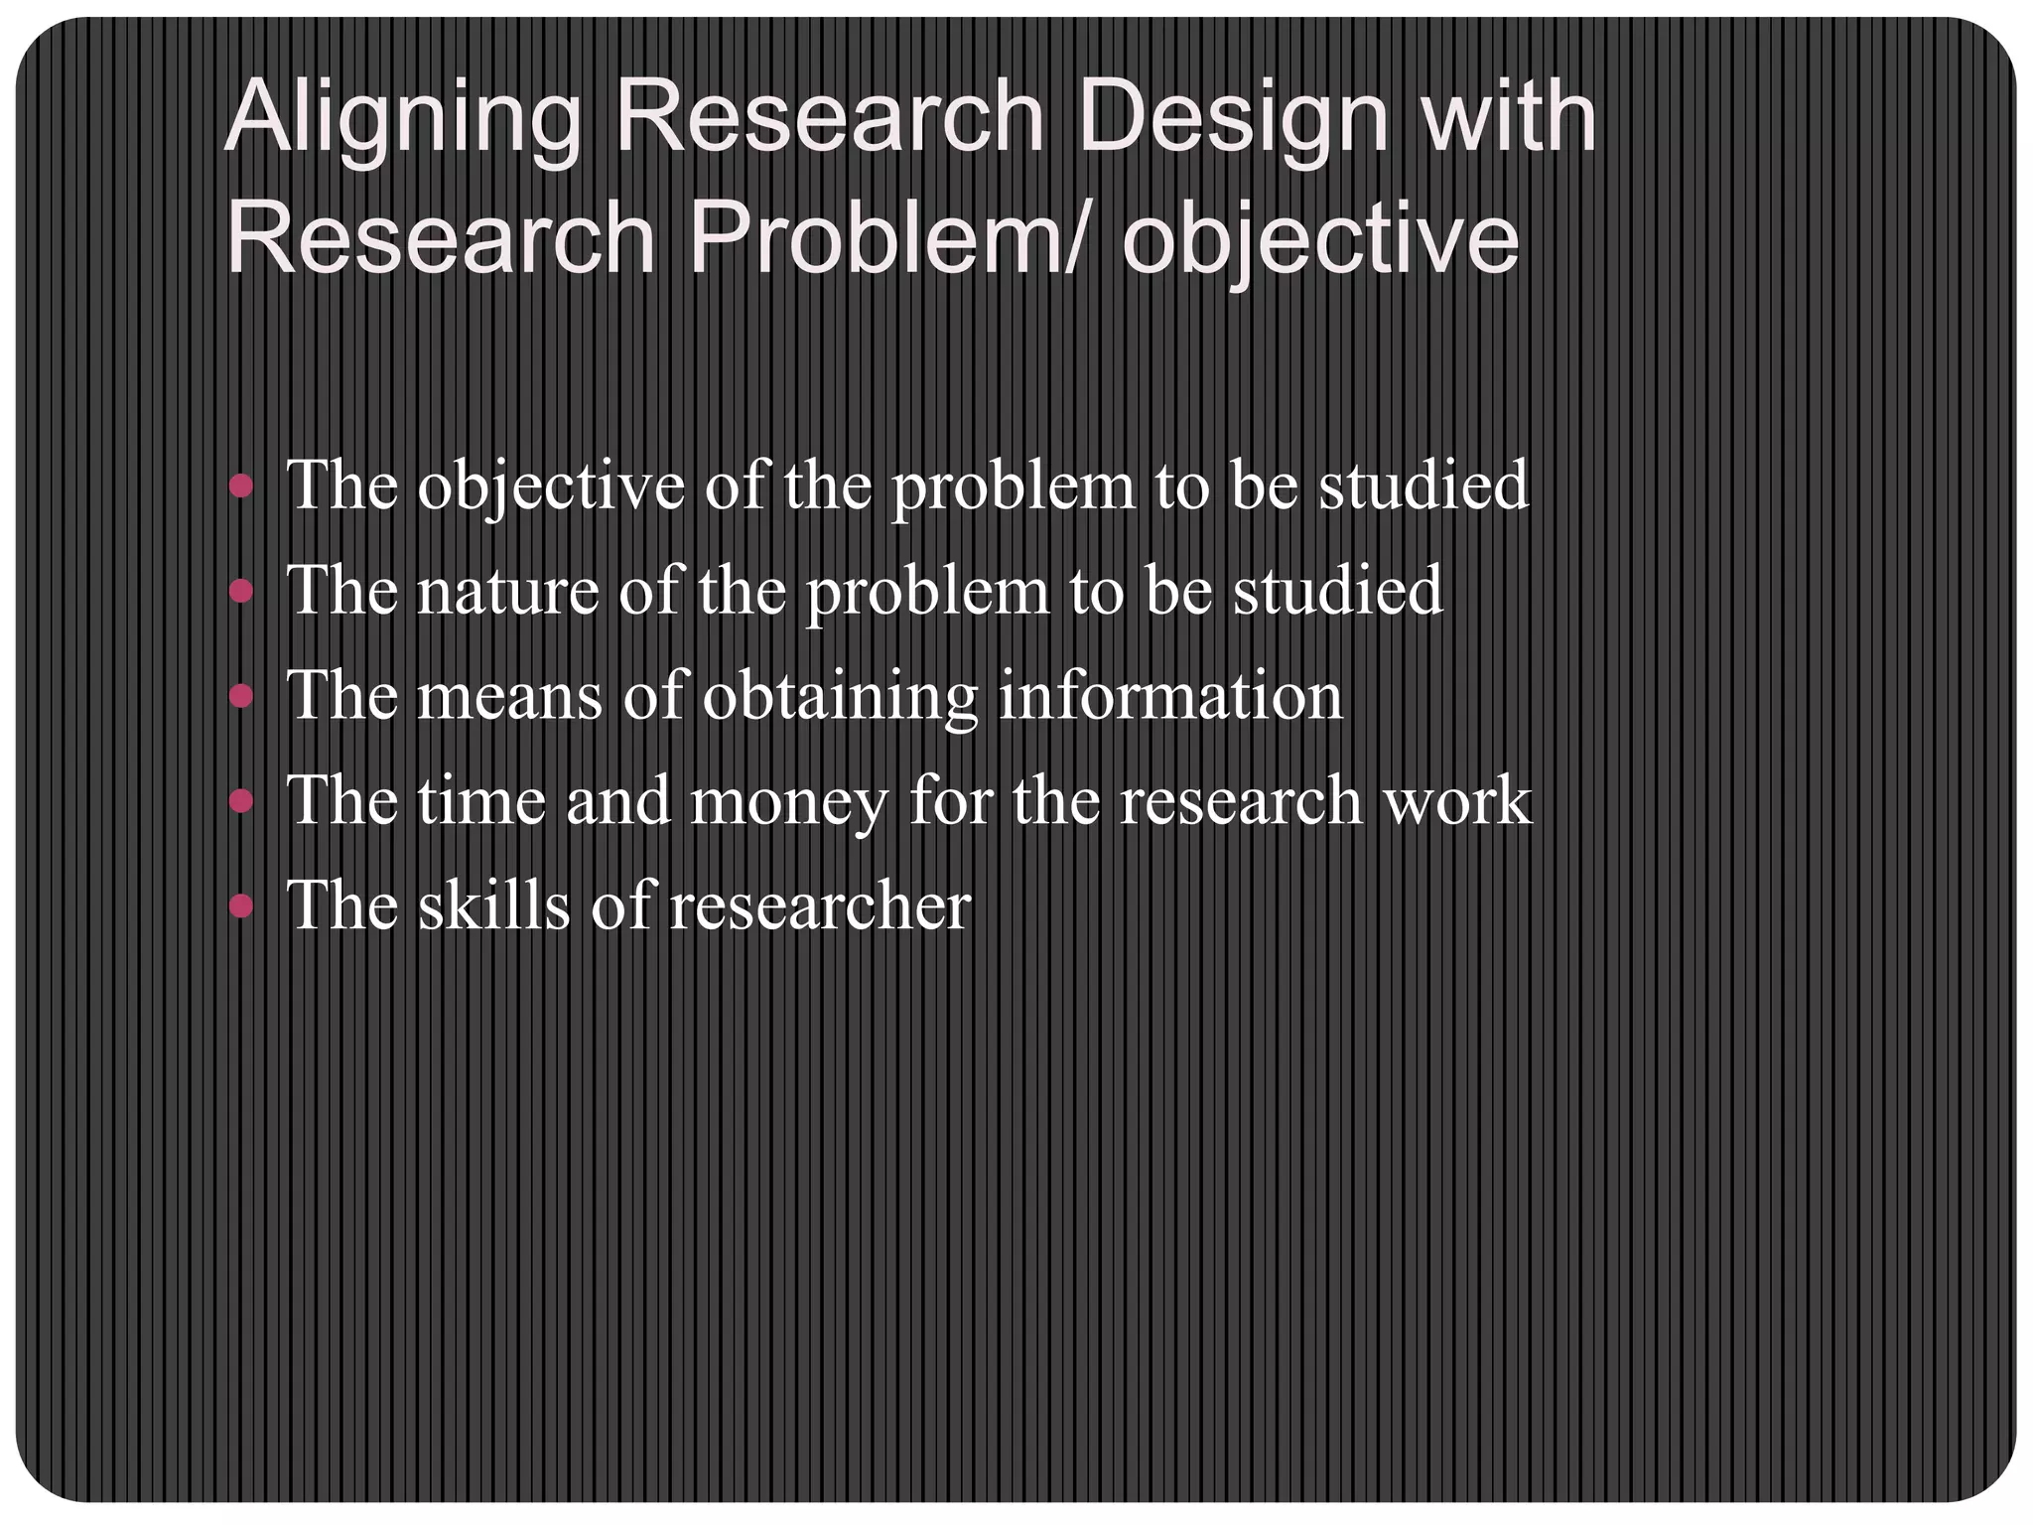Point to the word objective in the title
(1320, 242)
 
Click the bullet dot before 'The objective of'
(241, 486)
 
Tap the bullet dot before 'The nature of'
(241, 592)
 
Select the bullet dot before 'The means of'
(241, 696)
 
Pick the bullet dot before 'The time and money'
(241, 800)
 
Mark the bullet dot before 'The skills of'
(241, 905)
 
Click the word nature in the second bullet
(507, 593)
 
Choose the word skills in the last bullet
(493, 905)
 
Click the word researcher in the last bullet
(820, 907)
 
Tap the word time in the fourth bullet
(481, 800)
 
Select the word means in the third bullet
(509, 698)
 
